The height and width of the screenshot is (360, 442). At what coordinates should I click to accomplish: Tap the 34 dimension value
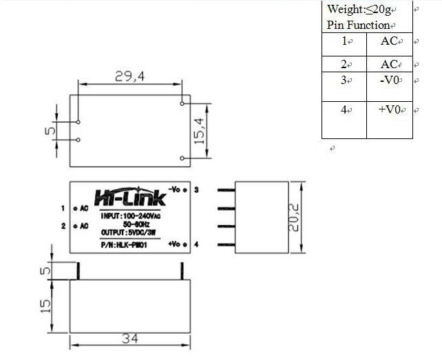129,337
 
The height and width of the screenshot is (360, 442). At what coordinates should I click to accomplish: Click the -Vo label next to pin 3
175,189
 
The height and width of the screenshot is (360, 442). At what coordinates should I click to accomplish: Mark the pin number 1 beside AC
63,208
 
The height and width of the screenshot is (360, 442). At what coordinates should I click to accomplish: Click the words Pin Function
358,25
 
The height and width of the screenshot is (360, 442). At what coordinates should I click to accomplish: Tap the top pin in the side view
227,191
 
